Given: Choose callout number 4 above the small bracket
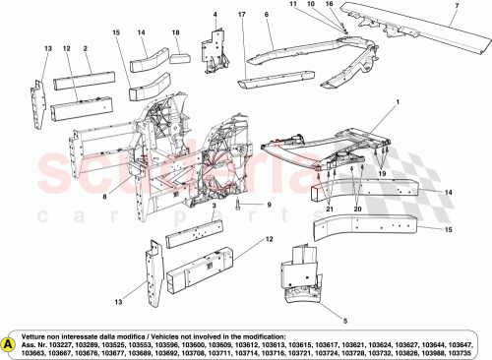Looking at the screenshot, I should pos(215,15).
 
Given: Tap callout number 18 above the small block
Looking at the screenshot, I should pos(175,33).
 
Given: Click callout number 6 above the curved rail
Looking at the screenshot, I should pos(267,15).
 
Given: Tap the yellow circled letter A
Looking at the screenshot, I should pos(10,344).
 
